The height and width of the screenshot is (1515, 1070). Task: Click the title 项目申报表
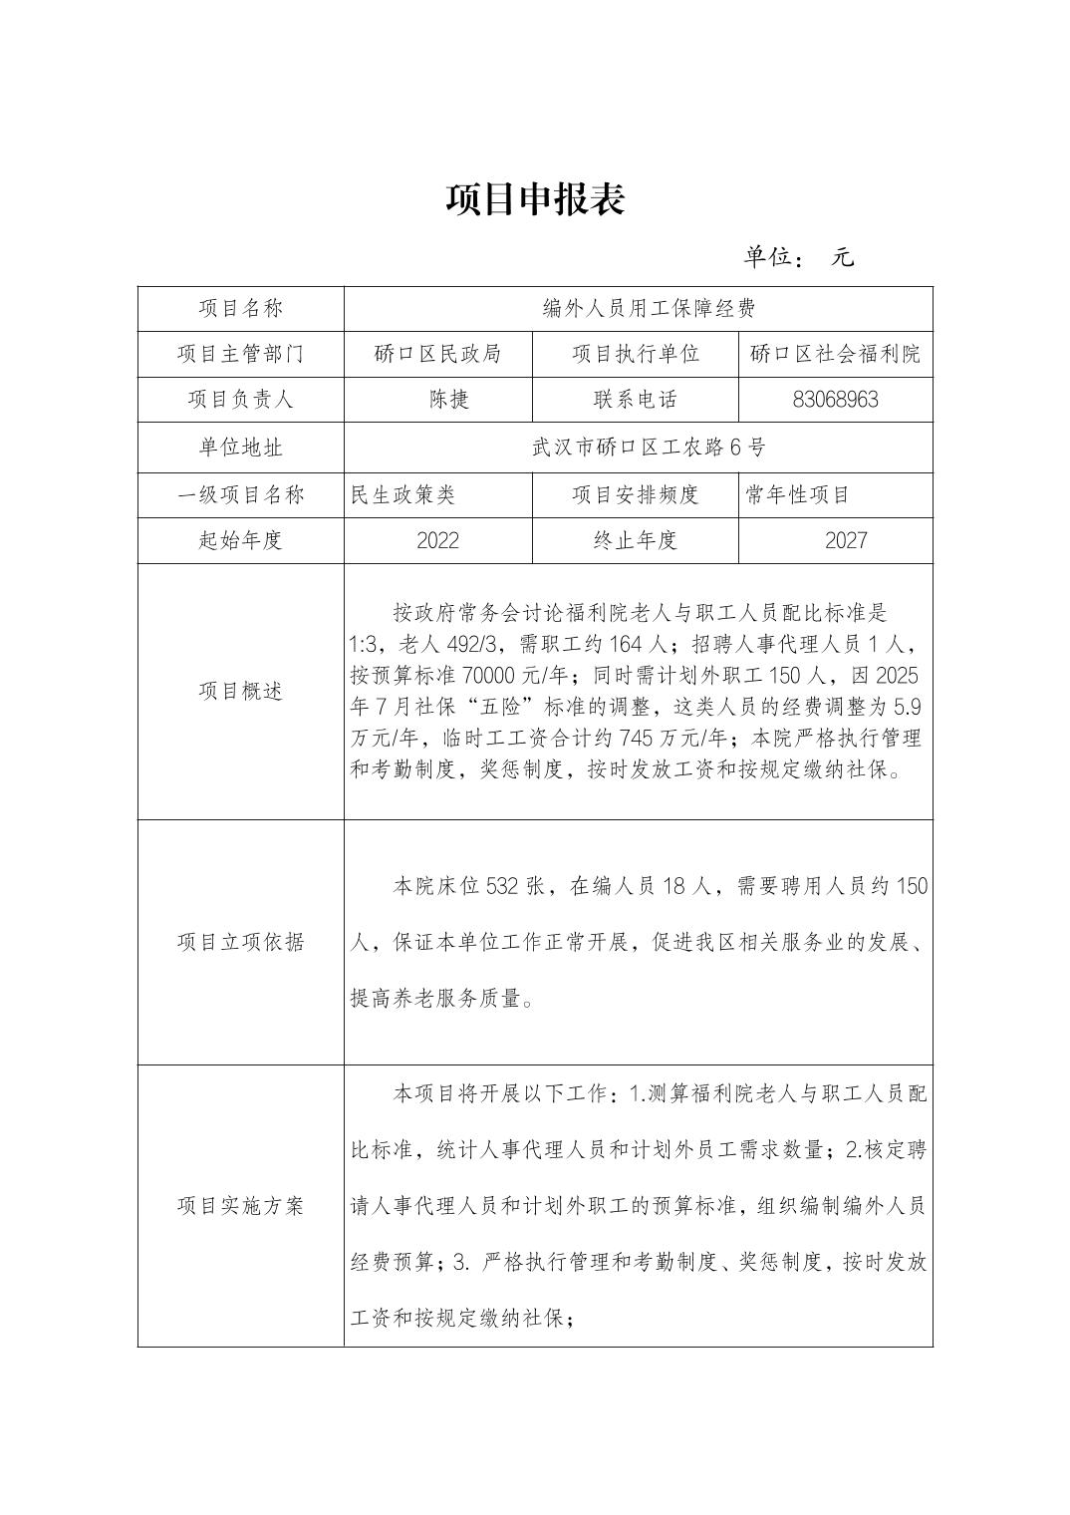535,200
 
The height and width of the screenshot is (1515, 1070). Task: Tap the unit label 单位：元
798,257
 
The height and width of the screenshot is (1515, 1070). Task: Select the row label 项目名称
240,309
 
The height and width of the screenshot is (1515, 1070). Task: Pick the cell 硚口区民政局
437,354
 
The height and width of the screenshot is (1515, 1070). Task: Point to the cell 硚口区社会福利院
835,354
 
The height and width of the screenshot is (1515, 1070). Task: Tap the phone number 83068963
835,400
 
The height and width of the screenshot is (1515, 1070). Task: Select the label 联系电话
635,400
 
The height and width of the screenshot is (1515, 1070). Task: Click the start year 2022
437,540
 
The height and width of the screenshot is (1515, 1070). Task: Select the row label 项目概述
240,692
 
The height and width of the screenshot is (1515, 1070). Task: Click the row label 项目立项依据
240,943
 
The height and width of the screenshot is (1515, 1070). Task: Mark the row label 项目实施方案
240,1206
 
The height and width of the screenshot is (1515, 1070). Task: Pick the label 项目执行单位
635,354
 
